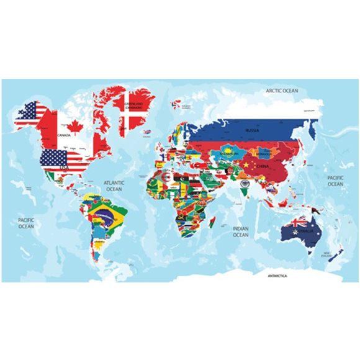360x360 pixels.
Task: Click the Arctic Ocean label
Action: coord(282,91)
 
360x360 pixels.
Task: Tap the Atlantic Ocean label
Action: coord(114,186)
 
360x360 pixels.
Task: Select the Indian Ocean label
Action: coord(240,232)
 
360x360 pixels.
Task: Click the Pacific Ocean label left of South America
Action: coord(26,223)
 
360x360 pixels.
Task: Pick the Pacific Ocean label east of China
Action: coord(335,181)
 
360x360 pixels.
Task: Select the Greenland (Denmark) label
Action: coord(135,106)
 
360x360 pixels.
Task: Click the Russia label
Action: coord(252,131)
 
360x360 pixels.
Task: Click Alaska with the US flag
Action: coord(28,113)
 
